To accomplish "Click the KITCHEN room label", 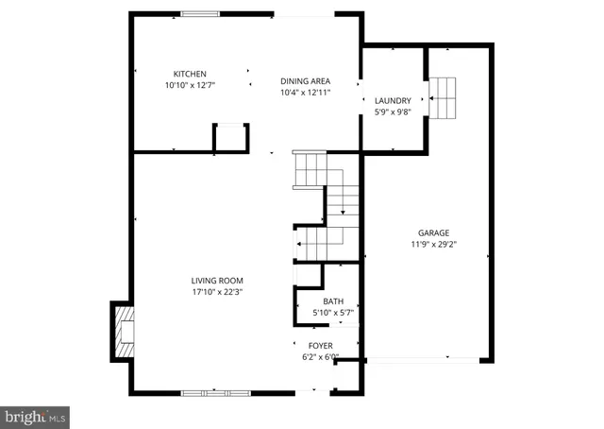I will pos(190,74).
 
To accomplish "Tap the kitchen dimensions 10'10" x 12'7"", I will pos(190,86).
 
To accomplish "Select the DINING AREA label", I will pos(305,81).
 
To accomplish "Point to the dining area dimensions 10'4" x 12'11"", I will pos(305,93).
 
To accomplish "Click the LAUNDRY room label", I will pos(393,100).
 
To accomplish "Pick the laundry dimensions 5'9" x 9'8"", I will pos(393,112).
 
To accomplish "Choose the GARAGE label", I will pos(434,232).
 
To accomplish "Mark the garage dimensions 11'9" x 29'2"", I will pos(434,244).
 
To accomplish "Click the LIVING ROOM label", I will pos(218,281).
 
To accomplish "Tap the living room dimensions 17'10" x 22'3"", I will pos(218,292).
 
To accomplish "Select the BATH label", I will pos(321,301).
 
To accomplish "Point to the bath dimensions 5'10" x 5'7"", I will pos(321,313).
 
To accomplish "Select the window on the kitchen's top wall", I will pos(196,13).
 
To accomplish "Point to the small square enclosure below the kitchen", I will pos(231,138).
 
